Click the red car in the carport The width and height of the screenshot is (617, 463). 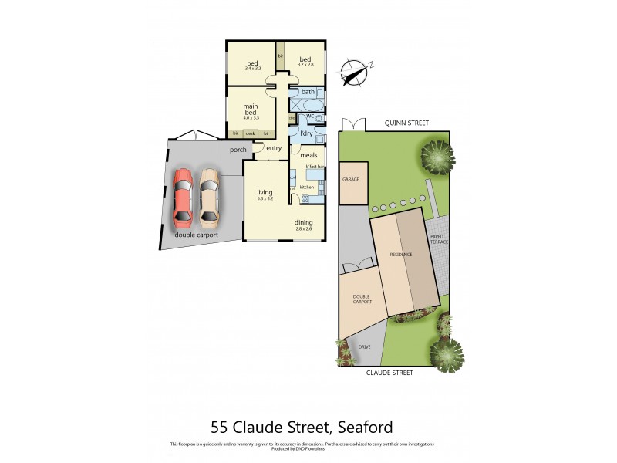pyautogui.click(x=183, y=194)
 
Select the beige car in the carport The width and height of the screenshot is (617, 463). pyautogui.click(x=209, y=194)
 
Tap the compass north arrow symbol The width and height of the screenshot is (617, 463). pyautogui.click(x=355, y=71)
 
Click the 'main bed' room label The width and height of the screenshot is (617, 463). pyautogui.click(x=251, y=110)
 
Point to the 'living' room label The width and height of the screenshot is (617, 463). pyautogui.click(x=265, y=193)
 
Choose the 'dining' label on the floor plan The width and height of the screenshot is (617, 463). pyautogui.click(x=303, y=223)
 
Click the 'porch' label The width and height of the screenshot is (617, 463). pyautogui.click(x=238, y=150)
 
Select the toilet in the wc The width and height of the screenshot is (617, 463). pyautogui.click(x=319, y=119)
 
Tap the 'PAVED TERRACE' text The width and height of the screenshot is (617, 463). pyautogui.click(x=438, y=239)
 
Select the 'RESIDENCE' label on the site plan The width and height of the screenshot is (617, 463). pyautogui.click(x=400, y=255)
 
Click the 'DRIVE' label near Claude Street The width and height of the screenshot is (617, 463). pyautogui.click(x=365, y=347)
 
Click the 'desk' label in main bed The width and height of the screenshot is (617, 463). pyautogui.click(x=251, y=134)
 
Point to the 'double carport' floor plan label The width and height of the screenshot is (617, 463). pyautogui.click(x=196, y=235)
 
